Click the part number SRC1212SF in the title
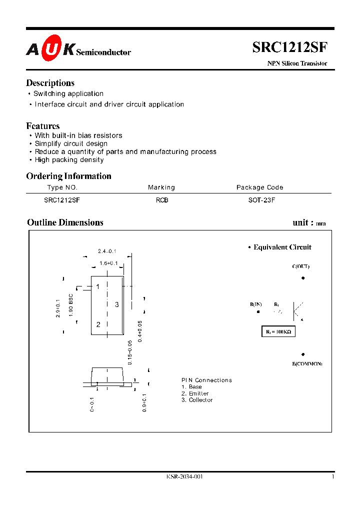point(289,47)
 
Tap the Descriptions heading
point(50,83)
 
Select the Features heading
point(43,126)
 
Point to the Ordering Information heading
point(68,176)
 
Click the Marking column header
point(161,187)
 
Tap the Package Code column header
point(259,187)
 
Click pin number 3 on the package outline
point(116,304)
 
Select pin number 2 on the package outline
point(98,324)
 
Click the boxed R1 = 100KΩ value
point(278,331)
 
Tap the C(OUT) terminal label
point(301,266)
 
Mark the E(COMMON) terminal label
point(307,363)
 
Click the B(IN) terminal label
point(256,304)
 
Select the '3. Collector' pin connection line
point(197,400)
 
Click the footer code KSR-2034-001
point(184,476)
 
